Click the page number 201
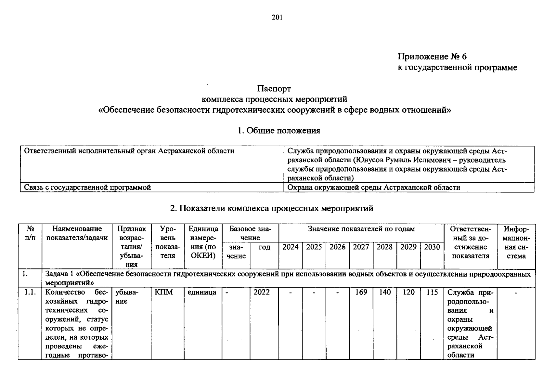pyautogui.click(x=277, y=18)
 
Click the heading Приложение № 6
pyautogui.click(x=432, y=57)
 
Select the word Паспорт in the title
pyautogui.click(x=274, y=88)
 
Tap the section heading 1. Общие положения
pyautogui.click(x=278, y=131)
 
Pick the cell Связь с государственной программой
pyautogui.click(x=87, y=188)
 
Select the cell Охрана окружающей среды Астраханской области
pyautogui.click(x=374, y=188)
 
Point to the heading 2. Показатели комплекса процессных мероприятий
pyautogui.click(x=271, y=208)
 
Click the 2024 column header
pyautogui.click(x=290, y=247)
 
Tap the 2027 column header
pyautogui.click(x=361, y=247)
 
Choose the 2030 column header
pyautogui.click(x=432, y=247)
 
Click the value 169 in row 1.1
pyautogui.click(x=361, y=292)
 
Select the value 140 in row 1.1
pyautogui.click(x=385, y=292)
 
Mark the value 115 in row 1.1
pyautogui.click(x=432, y=292)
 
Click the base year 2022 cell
pyautogui.click(x=262, y=292)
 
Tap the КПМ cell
pyautogui.click(x=164, y=292)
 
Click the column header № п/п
pyautogui.click(x=30, y=233)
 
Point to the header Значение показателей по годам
pyautogui.click(x=361, y=229)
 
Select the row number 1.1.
pyautogui.click(x=30, y=292)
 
